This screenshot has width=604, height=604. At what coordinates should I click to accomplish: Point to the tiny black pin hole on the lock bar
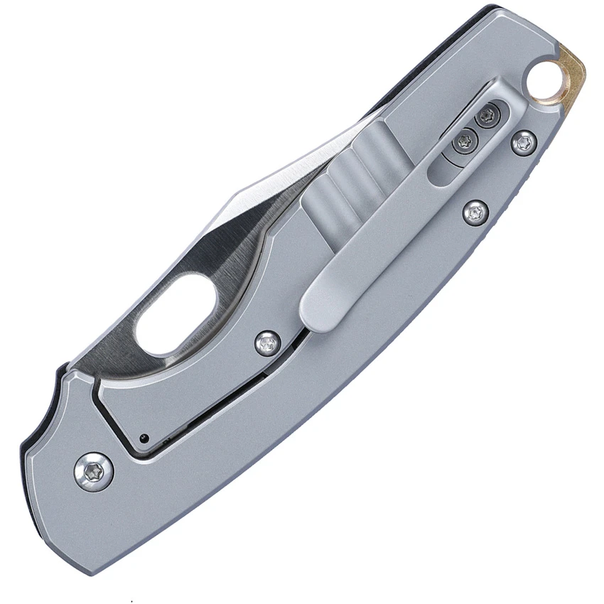(x=144, y=437)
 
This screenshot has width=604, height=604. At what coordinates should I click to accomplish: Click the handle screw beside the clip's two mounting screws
(x=524, y=141)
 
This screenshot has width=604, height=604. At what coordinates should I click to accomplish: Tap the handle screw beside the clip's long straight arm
(x=475, y=211)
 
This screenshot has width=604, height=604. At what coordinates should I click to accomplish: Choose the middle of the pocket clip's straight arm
(x=384, y=213)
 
